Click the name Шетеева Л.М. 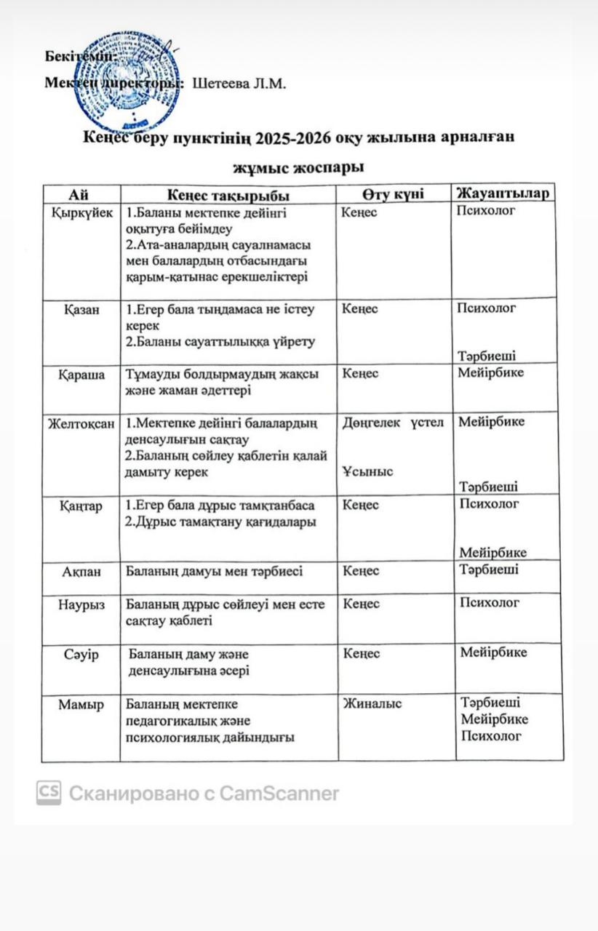click(x=239, y=83)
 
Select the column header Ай click(x=80, y=194)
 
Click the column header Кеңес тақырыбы click(x=228, y=195)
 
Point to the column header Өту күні click(x=394, y=193)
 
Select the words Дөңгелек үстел click(x=393, y=423)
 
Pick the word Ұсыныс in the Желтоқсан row click(x=367, y=471)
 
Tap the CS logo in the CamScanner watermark click(x=49, y=793)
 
